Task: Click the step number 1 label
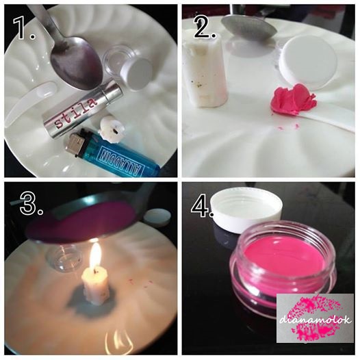pyautogui.click(x=24, y=28)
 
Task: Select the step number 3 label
pyautogui.click(x=31, y=203)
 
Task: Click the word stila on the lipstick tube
pyautogui.click(x=75, y=113)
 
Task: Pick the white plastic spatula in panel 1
pyautogui.click(x=29, y=101)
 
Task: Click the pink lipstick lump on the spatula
pyautogui.click(x=293, y=100)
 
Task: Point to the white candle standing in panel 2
pyautogui.click(x=205, y=70)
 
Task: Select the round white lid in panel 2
pyautogui.click(x=307, y=65)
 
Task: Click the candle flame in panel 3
pyautogui.click(x=96, y=256)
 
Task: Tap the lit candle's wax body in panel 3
pyautogui.click(x=96, y=286)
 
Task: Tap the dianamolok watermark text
pyautogui.click(x=315, y=320)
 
